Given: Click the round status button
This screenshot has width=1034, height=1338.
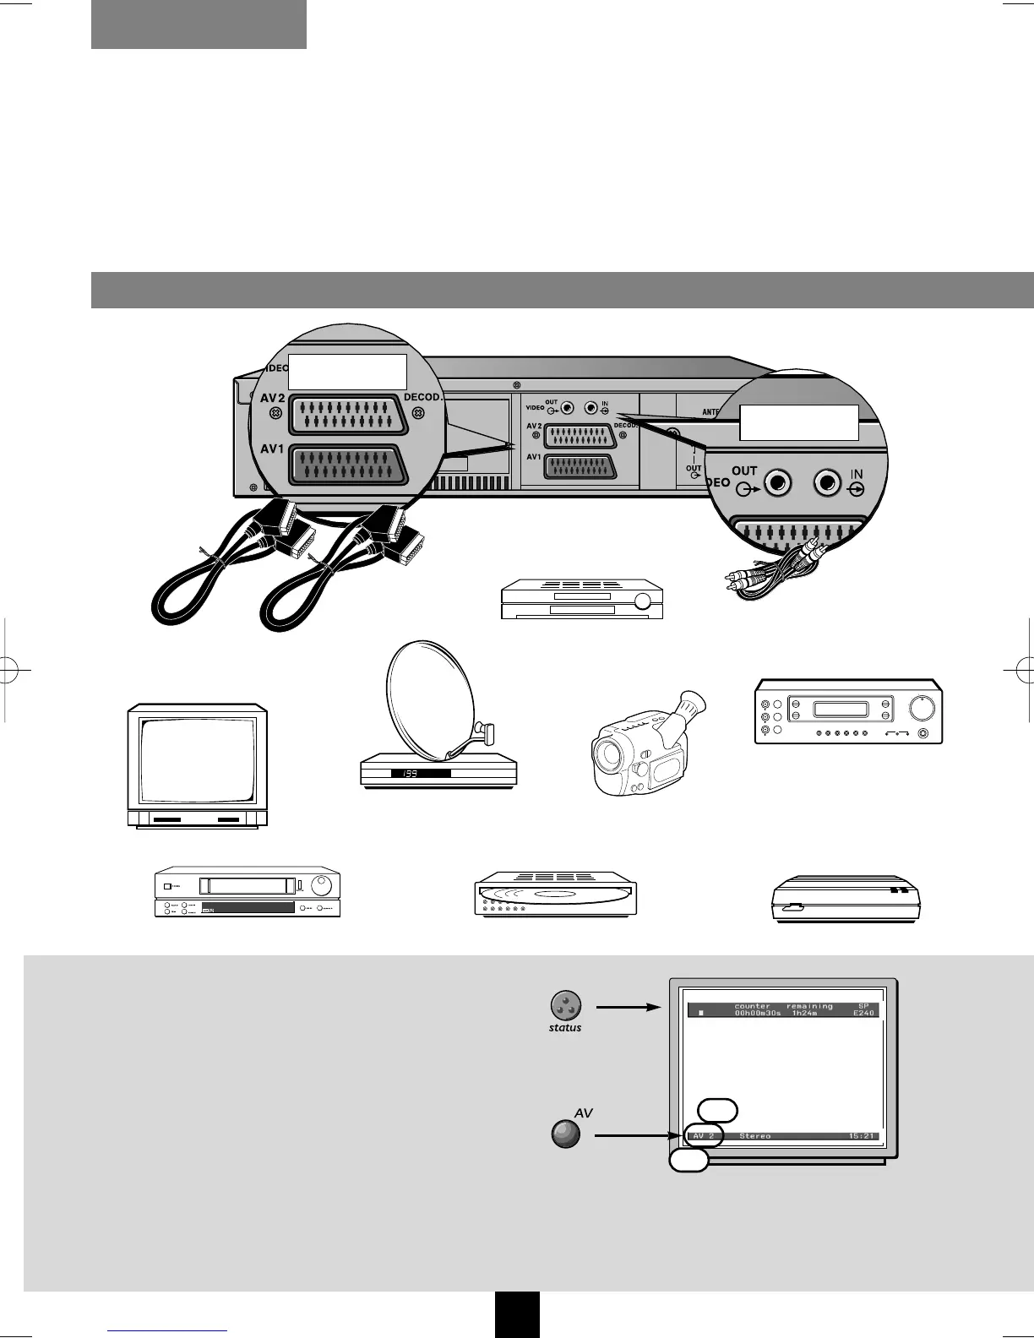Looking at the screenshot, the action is point(565,1006).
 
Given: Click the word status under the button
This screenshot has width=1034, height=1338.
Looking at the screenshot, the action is point(565,1028).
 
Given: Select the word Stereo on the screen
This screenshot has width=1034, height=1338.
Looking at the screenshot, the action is point(754,1136).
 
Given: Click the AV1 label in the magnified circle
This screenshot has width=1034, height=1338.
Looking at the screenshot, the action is point(271,449).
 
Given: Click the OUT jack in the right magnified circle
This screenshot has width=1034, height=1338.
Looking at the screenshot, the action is point(777,484).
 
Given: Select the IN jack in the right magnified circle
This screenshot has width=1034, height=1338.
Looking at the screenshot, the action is point(828,484).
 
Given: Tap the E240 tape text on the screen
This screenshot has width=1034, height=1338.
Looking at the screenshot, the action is point(863,1014).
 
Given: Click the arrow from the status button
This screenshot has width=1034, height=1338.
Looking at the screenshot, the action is point(627,1007).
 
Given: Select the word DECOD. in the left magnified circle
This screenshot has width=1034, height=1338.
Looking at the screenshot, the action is point(422,397).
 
